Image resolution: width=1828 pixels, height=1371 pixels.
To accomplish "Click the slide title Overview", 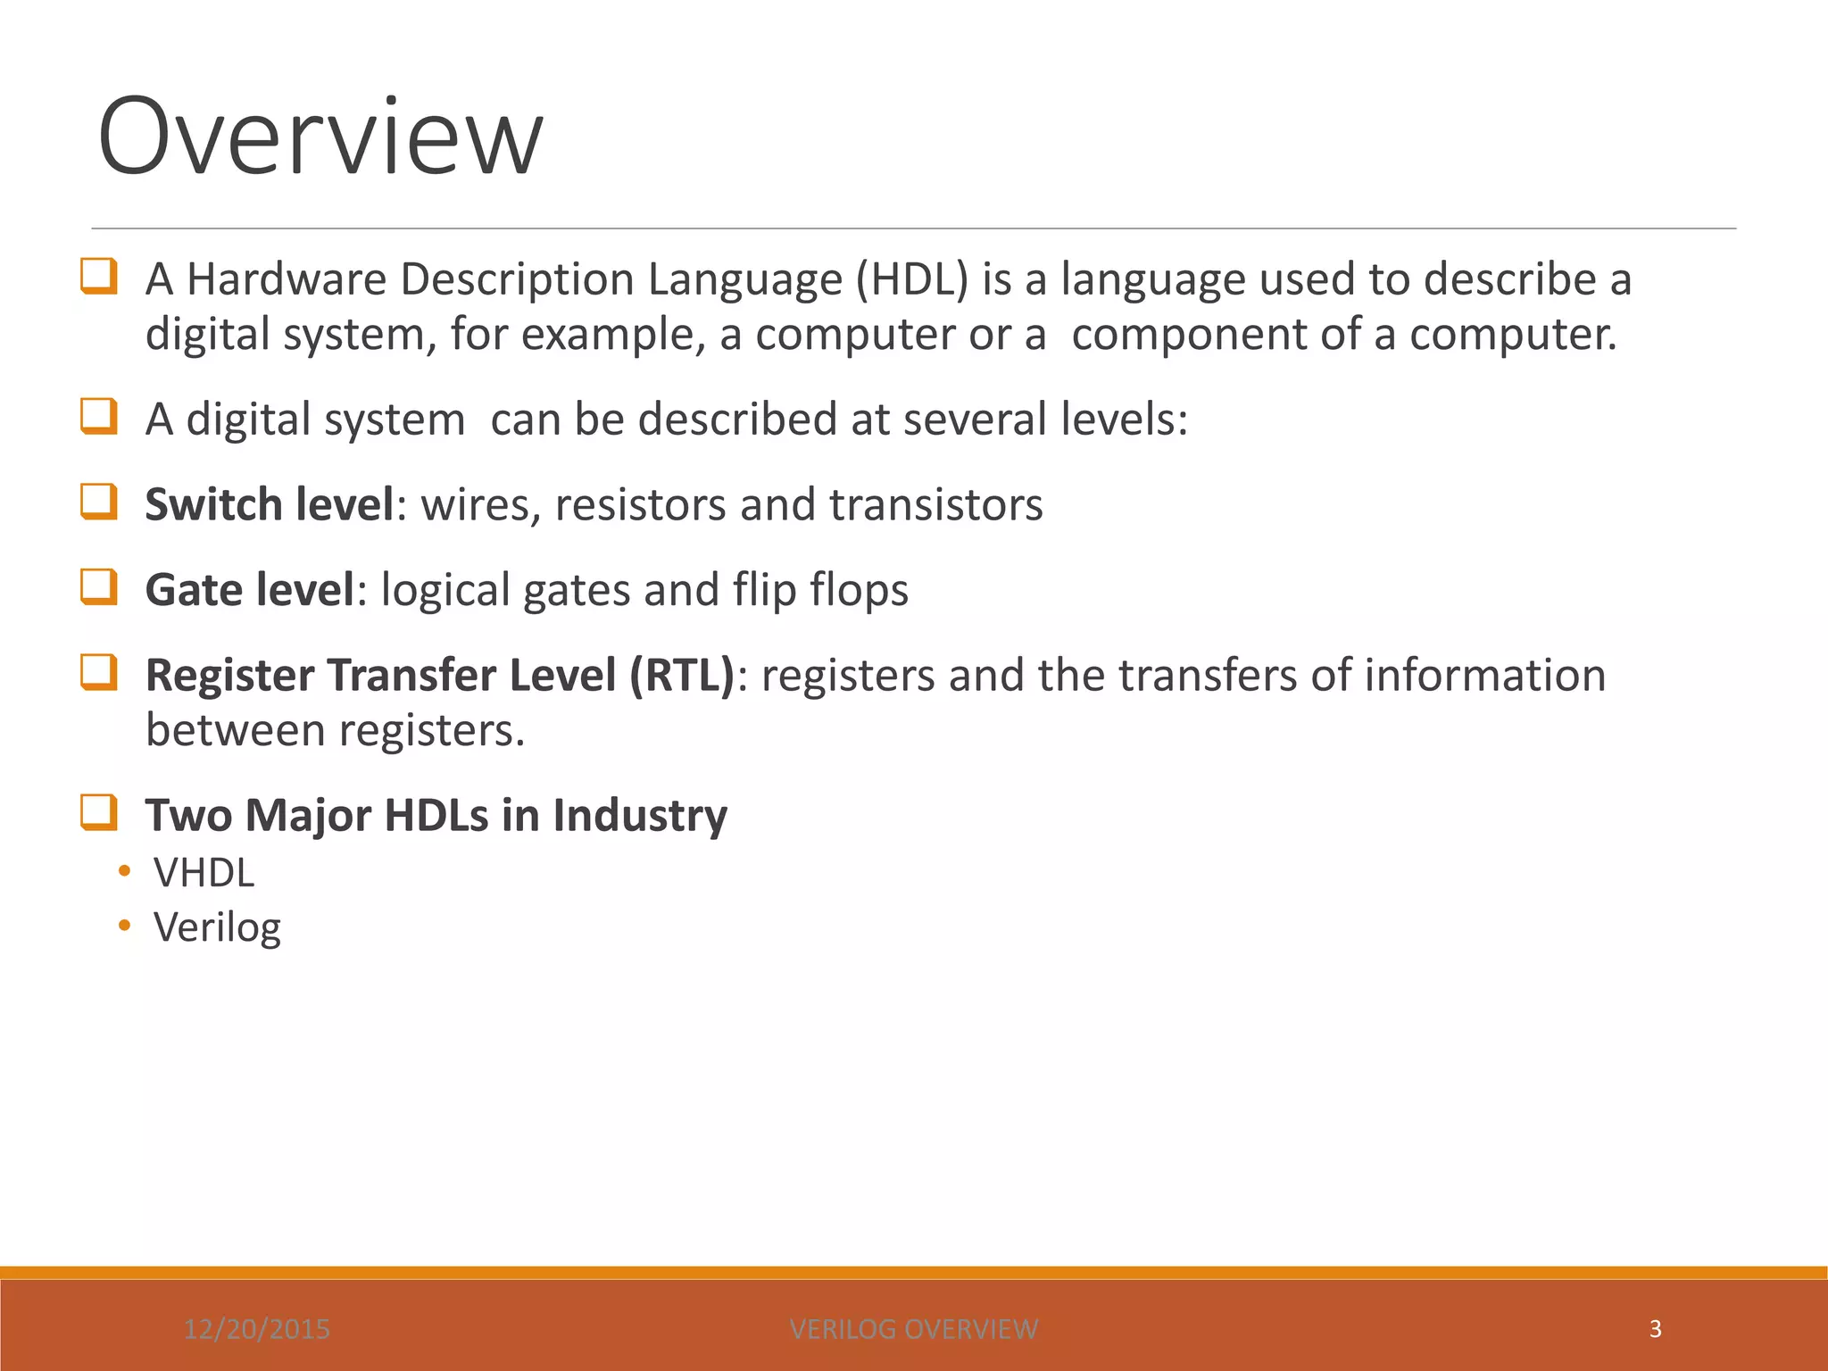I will pos(320,137).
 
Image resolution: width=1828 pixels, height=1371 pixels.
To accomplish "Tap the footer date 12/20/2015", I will pos(257,1329).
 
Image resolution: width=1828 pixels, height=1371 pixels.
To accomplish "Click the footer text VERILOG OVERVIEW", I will pos(914,1329).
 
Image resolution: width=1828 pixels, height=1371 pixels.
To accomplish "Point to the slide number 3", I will pos(1655,1329).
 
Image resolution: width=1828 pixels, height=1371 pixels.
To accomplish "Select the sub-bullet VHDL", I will pos(204,873).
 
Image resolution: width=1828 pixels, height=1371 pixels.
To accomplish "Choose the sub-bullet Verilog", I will pos(218,927).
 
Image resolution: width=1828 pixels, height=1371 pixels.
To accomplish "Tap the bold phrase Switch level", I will pos(269,504).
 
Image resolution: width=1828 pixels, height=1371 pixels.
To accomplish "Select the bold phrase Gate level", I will pos(250,590).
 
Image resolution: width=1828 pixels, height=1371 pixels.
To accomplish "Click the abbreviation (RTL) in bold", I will pos(682,676).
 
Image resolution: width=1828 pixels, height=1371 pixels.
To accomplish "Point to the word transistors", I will pos(936,504).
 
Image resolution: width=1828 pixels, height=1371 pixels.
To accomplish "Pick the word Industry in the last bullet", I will pos(640,816).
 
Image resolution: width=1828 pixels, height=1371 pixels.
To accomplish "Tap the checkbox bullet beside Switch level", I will pos(99,502).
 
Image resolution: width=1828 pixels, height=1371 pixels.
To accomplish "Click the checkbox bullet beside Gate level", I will pos(99,587).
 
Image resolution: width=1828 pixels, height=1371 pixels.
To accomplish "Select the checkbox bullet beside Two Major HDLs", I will pos(99,813).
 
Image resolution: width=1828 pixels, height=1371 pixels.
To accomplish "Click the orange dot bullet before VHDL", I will pos(124,871).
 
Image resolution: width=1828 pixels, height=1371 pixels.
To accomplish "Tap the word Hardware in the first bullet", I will pos(287,279).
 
